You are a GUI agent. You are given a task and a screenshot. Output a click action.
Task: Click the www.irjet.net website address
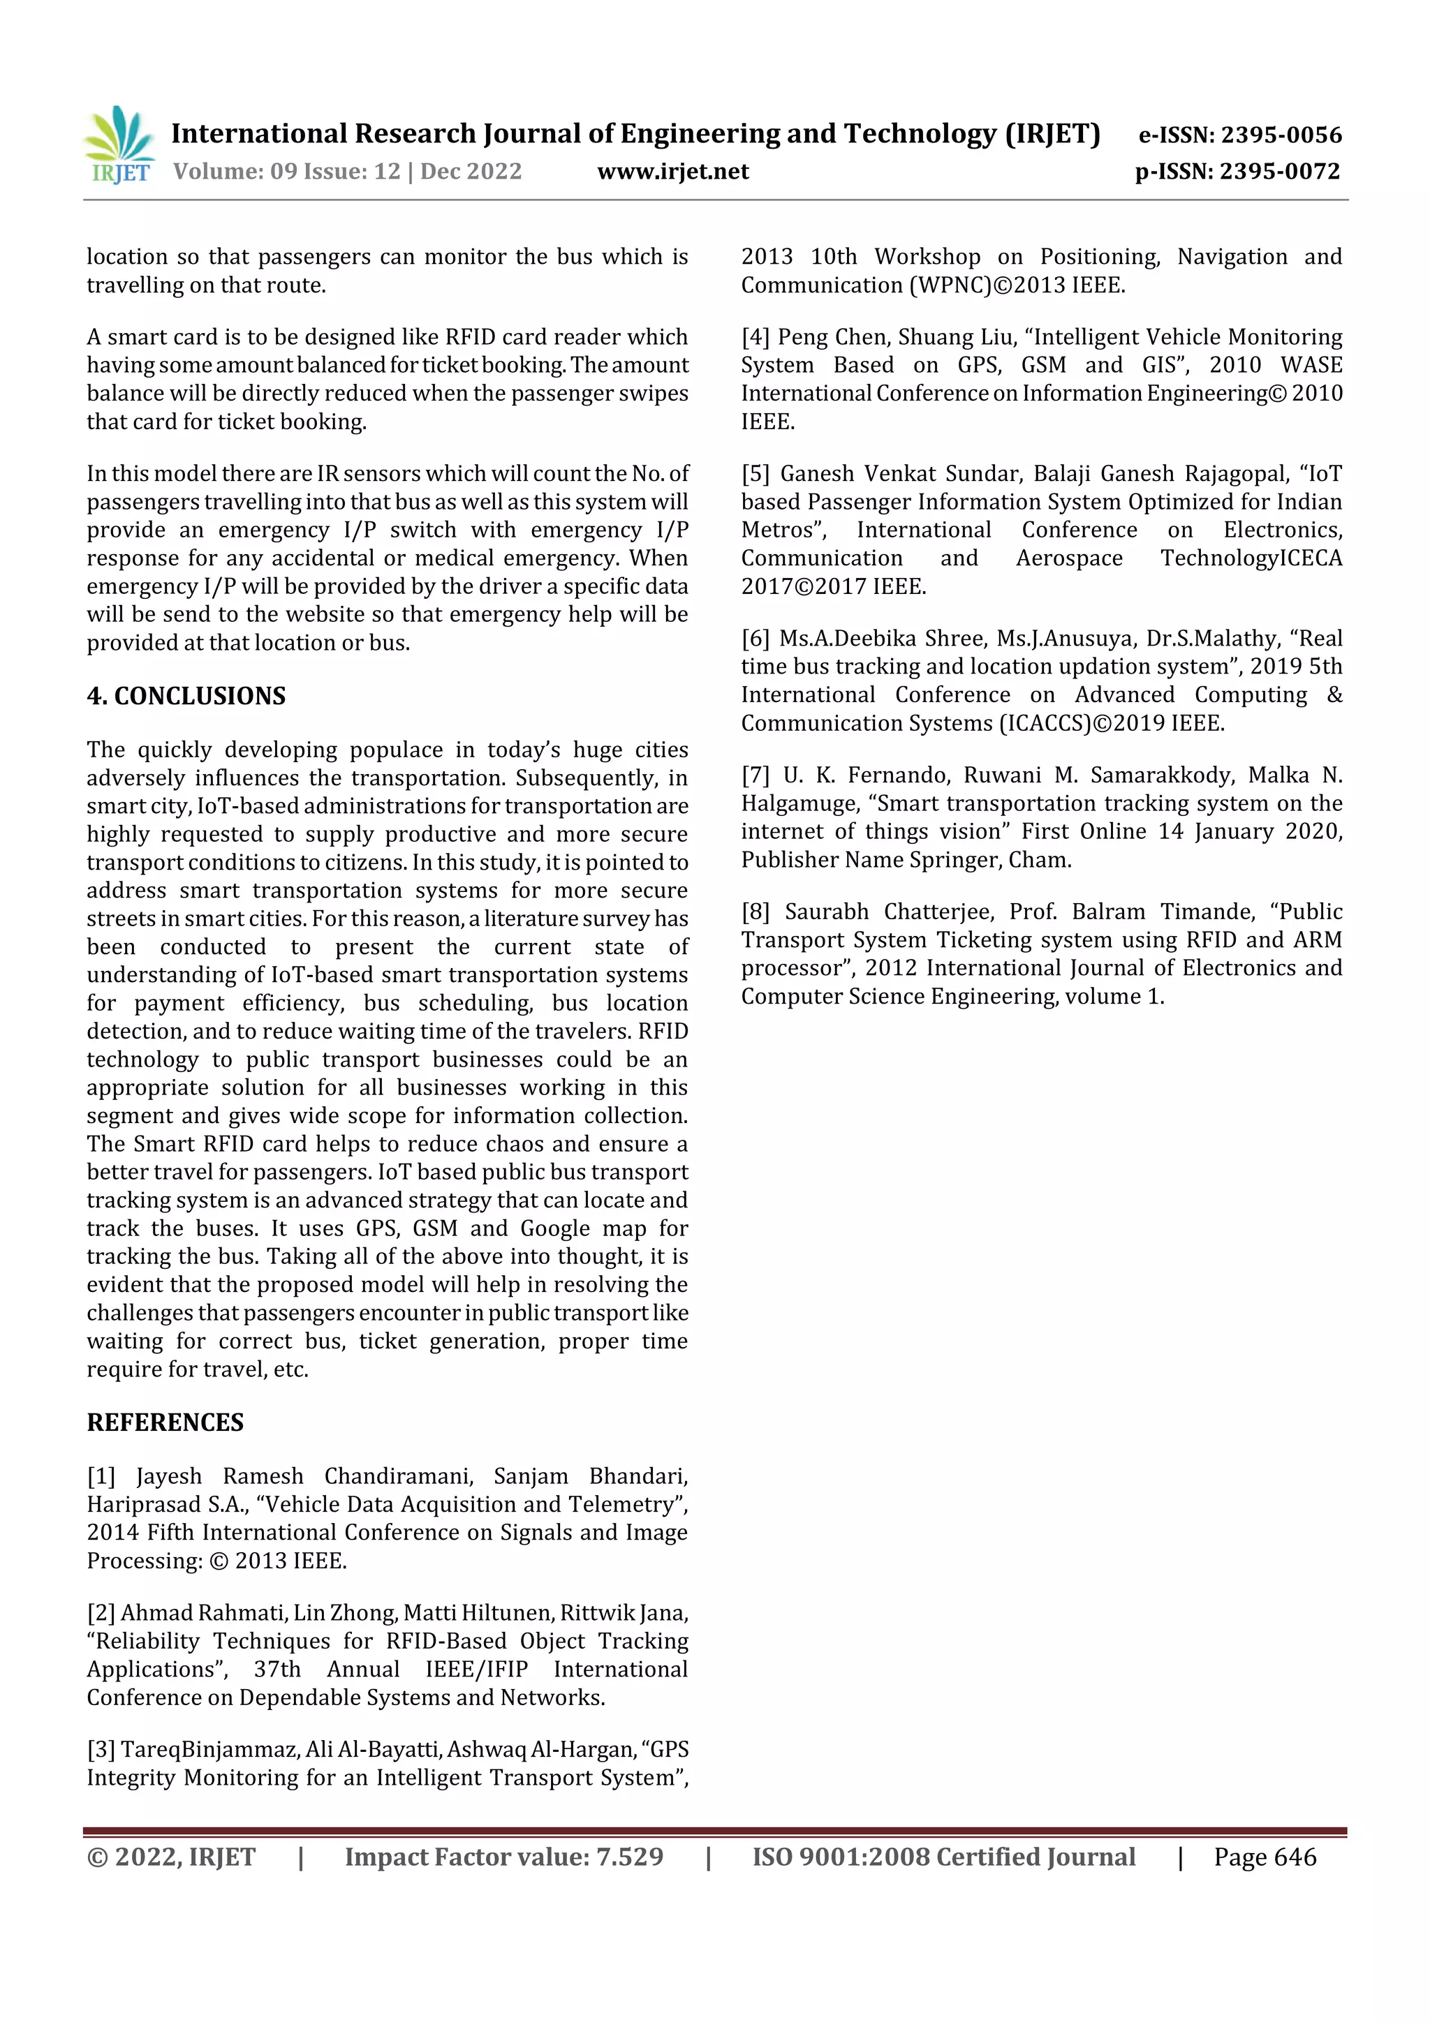point(672,172)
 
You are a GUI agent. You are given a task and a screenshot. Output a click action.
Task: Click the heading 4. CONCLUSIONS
point(186,696)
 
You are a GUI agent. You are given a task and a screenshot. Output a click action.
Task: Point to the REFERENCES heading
point(165,1422)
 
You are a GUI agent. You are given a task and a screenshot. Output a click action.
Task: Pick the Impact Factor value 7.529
point(629,1857)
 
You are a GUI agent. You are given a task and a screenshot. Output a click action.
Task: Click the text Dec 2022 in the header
point(471,172)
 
